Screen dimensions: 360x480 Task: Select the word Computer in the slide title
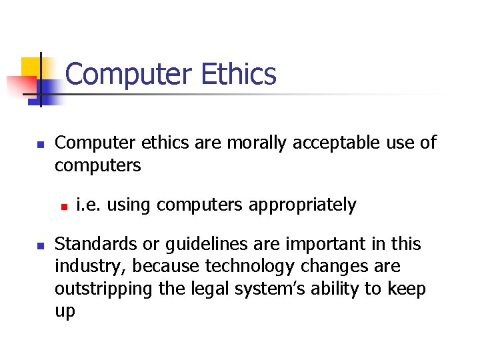[x=127, y=74]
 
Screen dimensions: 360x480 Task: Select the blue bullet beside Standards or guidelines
[x=39, y=246]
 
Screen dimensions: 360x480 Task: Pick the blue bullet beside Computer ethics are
[x=39, y=144]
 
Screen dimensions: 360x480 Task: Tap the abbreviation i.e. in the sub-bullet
[x=89, y=205]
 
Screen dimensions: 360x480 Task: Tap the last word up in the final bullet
[x=65, y=311]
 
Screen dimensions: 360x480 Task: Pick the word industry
[x=91, y=267]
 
